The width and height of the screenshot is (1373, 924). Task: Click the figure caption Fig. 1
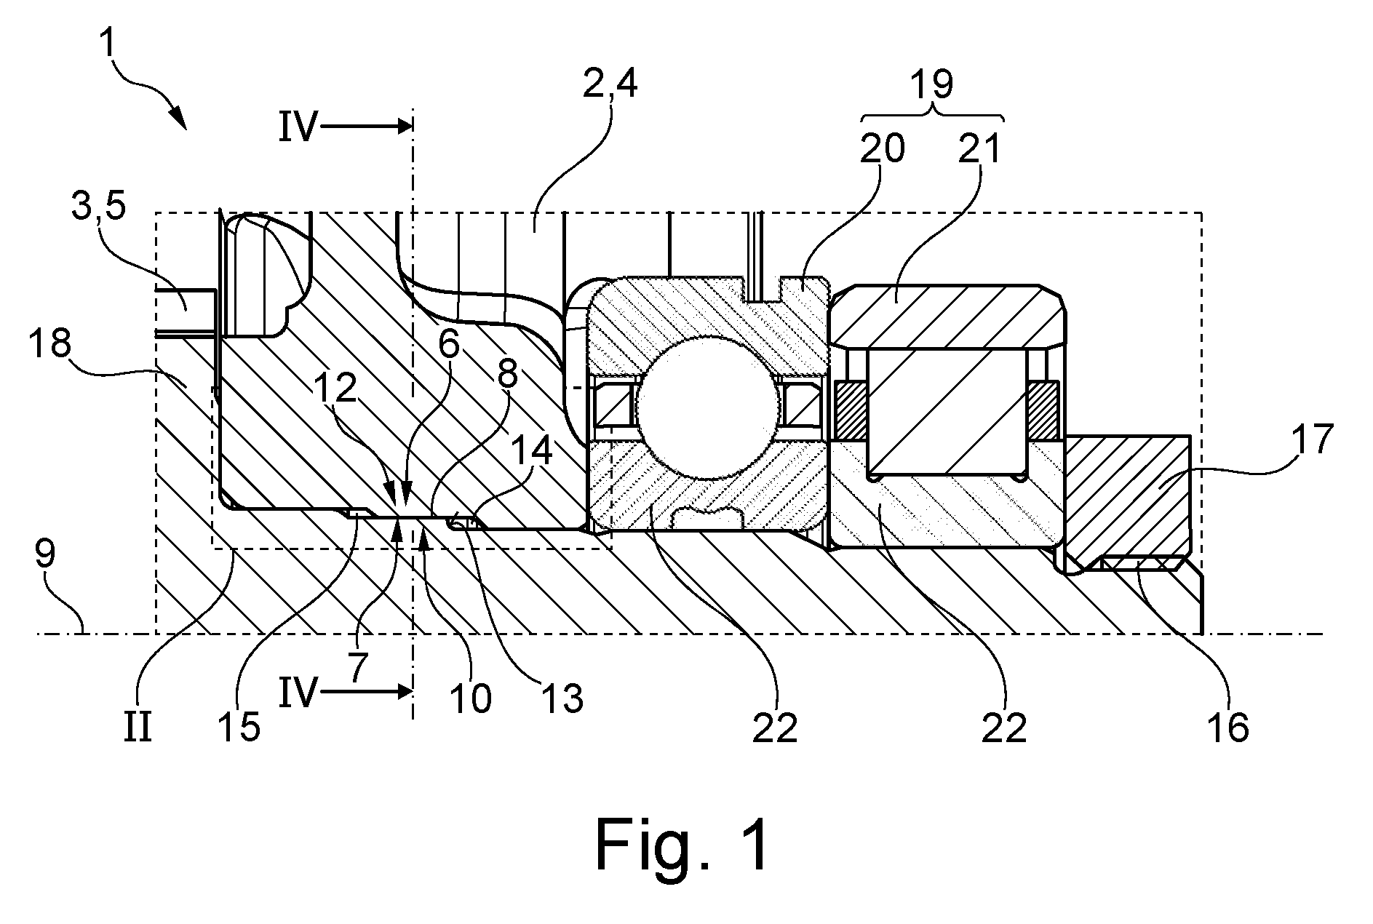682,844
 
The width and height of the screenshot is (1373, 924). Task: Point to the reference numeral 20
883,148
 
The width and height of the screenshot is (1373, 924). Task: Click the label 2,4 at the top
610,85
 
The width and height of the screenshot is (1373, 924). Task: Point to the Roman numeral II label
138,728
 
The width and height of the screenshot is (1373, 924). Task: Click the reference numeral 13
561,699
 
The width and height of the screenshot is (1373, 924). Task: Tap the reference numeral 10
470,699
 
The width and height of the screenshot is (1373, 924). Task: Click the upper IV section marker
300,129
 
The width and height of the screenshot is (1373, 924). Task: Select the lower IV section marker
300,693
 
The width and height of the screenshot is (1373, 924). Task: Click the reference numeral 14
530,453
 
